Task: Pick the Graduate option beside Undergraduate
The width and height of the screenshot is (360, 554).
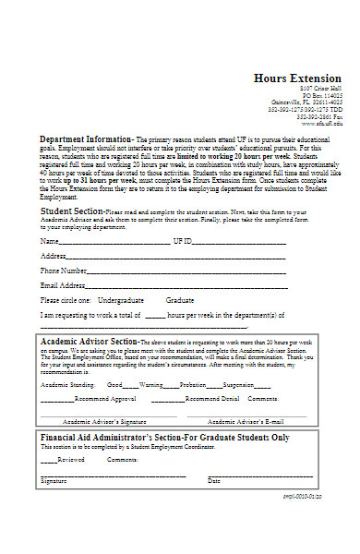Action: [179, 301]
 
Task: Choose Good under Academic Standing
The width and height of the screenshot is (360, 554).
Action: [115, 385]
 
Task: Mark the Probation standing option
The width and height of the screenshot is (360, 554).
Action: [193, 385]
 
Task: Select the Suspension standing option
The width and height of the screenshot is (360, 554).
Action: [239, 385]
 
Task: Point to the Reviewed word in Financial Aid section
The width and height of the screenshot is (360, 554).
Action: [71, 459]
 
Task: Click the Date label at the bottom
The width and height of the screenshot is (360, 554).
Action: [214, 481]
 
